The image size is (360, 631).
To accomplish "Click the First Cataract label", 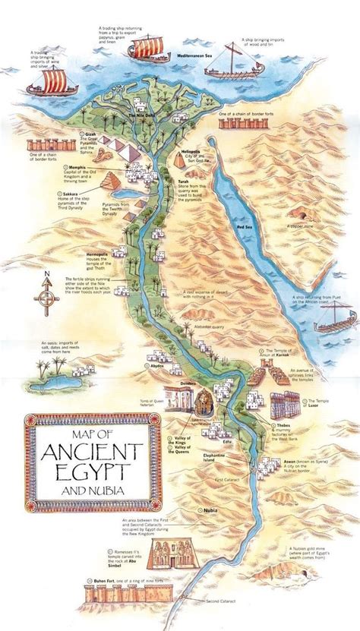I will coord(226,481).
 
